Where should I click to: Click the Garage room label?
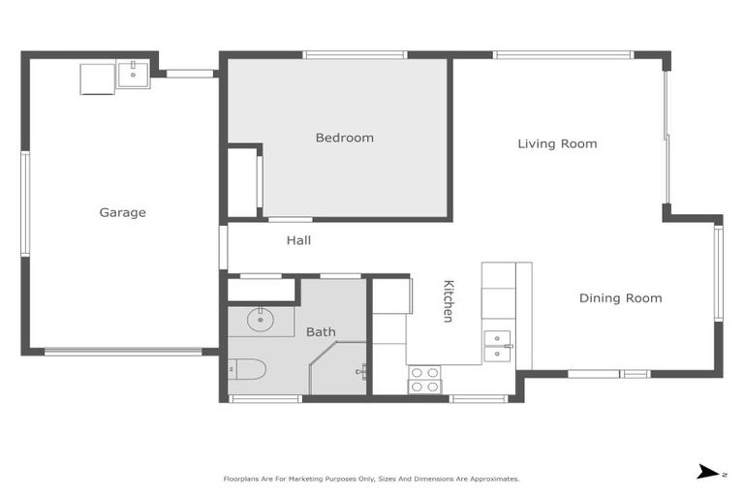coord(122,213)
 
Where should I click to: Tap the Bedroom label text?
coord(344,139)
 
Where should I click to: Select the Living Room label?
coord(557,144)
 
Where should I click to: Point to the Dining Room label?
coord(620,298)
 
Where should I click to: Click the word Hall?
coord(298,240)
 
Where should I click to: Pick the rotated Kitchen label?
coord(449,301)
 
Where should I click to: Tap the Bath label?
coord(321,332)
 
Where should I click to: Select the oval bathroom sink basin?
coord(260,319)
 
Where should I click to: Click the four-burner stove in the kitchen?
coord(423,379)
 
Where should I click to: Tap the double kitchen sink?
coord(497,346)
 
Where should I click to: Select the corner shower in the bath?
coord(337,372)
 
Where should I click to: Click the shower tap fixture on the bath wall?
coord(360,370)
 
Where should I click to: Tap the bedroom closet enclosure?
coord(242,182)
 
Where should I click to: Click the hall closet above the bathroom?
coord(262,290)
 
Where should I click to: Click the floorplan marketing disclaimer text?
coord(372,479)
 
